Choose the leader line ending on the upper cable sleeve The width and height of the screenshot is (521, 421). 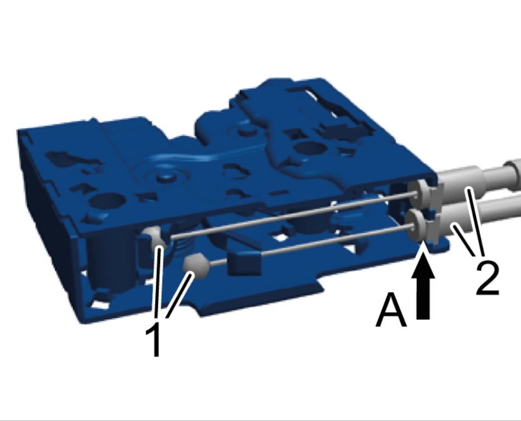click(477, 220)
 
